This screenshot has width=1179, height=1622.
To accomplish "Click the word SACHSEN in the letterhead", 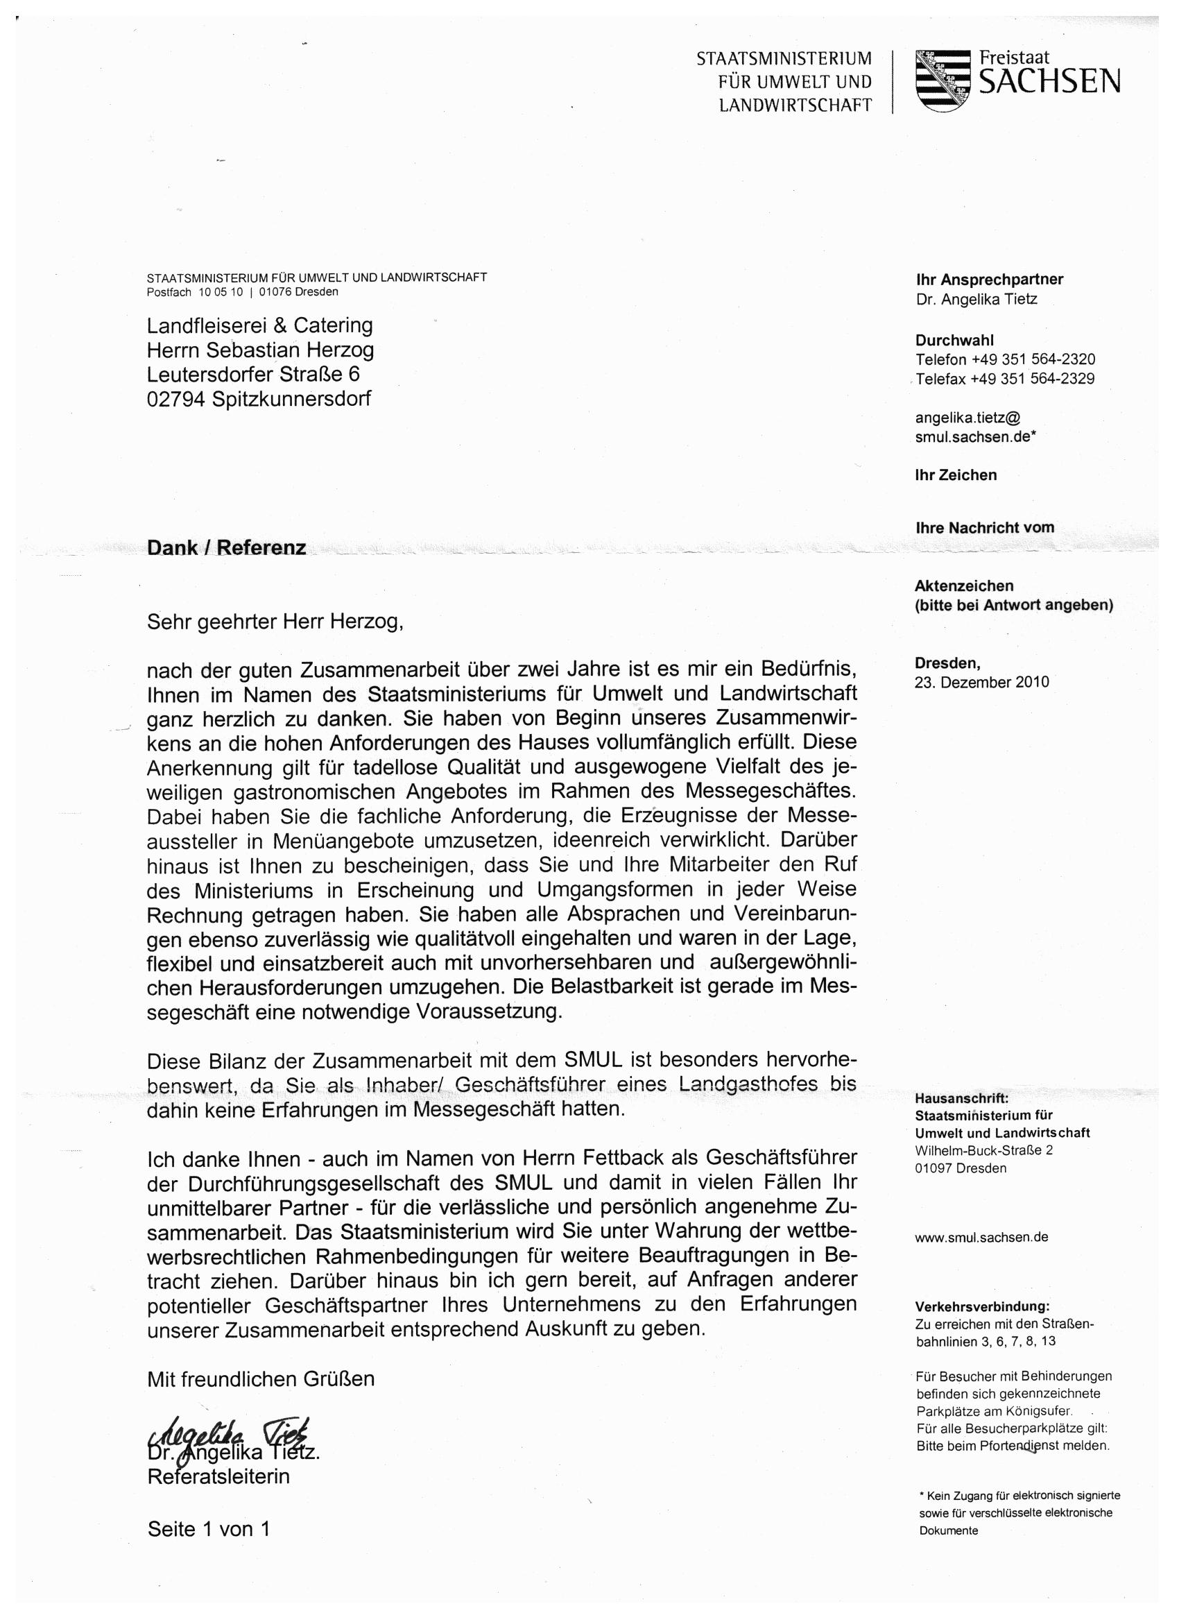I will (x=1049, y=84).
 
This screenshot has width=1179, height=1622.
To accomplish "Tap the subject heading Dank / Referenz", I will (x=226, y=548).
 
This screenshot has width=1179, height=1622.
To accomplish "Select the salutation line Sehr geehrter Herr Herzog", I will (x=275, y=622).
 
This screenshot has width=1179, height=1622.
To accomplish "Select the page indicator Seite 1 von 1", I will (x=208, y=1529).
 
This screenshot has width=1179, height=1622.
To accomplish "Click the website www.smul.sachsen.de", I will (x=981, y=1237).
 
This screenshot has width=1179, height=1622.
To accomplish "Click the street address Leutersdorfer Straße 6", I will (x=253, y=374).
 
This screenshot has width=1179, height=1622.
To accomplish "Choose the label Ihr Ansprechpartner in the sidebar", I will (x=989, y=280).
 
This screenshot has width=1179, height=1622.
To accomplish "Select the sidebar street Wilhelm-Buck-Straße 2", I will (x=984, y=1151).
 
